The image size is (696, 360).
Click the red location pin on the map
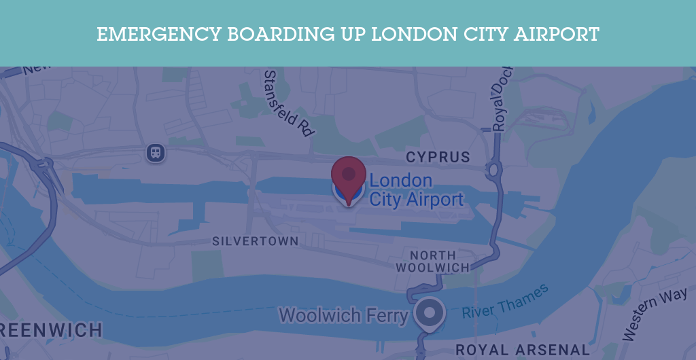pos(349,175)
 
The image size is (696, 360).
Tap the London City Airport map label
pos(415,190)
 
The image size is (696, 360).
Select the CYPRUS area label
pos(438,158)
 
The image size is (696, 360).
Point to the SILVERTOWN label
pos(255,241)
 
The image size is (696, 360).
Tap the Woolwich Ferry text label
pos(343,315)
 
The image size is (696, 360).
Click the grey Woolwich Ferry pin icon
pos(429,312)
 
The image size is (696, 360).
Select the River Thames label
pos(505,302)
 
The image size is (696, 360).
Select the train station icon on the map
pos(156,152)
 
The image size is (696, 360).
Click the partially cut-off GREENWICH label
pos(51,331)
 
